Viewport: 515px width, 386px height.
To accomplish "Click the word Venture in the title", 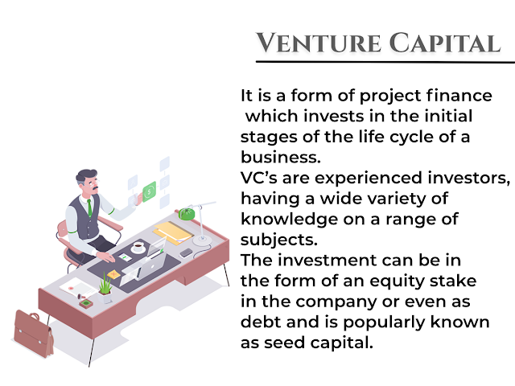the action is [319, 43].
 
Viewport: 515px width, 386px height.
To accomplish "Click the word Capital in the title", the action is [445, 43].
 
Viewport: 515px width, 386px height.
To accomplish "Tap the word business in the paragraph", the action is [281, 157].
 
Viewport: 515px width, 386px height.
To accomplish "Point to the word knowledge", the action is [290, 220].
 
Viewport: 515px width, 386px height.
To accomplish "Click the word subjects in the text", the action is [279, 240].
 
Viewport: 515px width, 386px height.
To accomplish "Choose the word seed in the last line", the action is [284, 343].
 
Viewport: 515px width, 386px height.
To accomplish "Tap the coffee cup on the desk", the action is [138, 247].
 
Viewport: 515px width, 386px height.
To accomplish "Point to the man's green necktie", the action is [89, 207].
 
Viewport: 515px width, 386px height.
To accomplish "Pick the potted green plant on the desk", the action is [105, 289].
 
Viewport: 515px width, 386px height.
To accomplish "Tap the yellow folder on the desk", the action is [173, 232].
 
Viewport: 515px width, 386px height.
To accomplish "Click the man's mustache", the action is [95, 189].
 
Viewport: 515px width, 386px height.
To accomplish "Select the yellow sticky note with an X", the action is [113, 274].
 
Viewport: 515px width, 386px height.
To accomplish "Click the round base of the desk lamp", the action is [202, 240].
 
